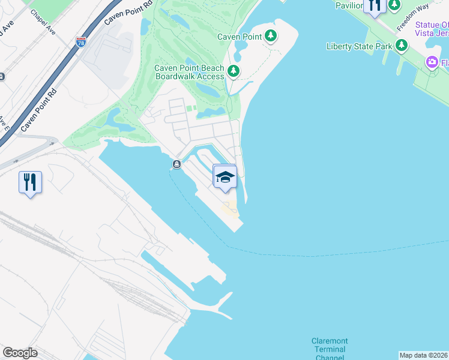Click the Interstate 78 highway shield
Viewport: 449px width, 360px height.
81,42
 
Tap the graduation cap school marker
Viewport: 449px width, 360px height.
224,177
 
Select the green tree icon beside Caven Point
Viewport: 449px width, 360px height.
271,36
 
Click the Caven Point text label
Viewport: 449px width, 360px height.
240,37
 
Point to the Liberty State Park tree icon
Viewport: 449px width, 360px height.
402,46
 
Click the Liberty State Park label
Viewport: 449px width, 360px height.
359,46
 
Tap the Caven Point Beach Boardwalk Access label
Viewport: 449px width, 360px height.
189,72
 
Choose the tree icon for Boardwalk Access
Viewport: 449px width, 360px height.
233,72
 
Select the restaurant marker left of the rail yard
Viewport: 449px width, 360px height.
30,181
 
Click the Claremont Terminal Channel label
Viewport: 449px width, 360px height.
329,350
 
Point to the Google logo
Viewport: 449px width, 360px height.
20,353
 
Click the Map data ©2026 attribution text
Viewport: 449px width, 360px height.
423,355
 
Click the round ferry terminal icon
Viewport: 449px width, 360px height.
176,164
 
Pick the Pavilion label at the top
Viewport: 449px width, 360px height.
349,5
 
